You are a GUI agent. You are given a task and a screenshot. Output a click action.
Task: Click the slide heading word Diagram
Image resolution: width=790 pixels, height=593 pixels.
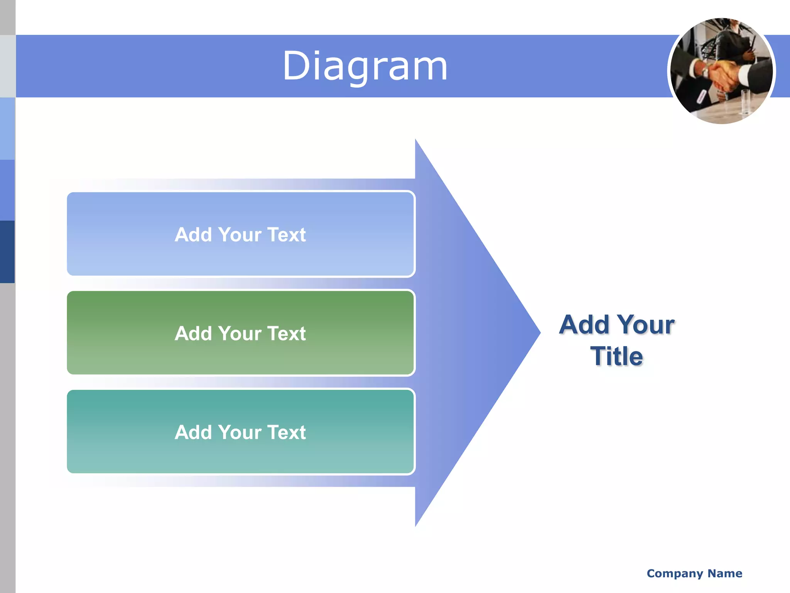click(x=365, y=66)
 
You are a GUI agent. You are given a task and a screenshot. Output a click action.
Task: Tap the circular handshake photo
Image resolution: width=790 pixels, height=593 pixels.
click(x=721, y=71)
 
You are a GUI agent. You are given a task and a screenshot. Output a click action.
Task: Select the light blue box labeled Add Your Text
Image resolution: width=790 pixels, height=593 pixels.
click(x=241, y=234)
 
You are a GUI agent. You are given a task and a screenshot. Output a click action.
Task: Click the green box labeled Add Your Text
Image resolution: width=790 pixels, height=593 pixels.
click(x=241, y=333)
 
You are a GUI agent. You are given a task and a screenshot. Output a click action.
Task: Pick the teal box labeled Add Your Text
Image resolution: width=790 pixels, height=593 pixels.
click(x=241, y=432)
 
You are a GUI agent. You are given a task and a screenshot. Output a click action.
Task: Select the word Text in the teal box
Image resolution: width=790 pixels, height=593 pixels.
click(x=286, y=432)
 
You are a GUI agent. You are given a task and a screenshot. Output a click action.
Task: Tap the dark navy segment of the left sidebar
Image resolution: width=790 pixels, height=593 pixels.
click(x=7, y=252)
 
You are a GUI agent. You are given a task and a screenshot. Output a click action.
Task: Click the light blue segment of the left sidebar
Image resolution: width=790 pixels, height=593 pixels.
click(x=7, y=129)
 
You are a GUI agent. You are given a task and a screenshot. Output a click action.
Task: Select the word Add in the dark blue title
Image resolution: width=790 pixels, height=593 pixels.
click(x=584, y=325)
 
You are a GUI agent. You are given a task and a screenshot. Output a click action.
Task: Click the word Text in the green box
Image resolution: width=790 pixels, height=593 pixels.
click(x=286, y=334)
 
